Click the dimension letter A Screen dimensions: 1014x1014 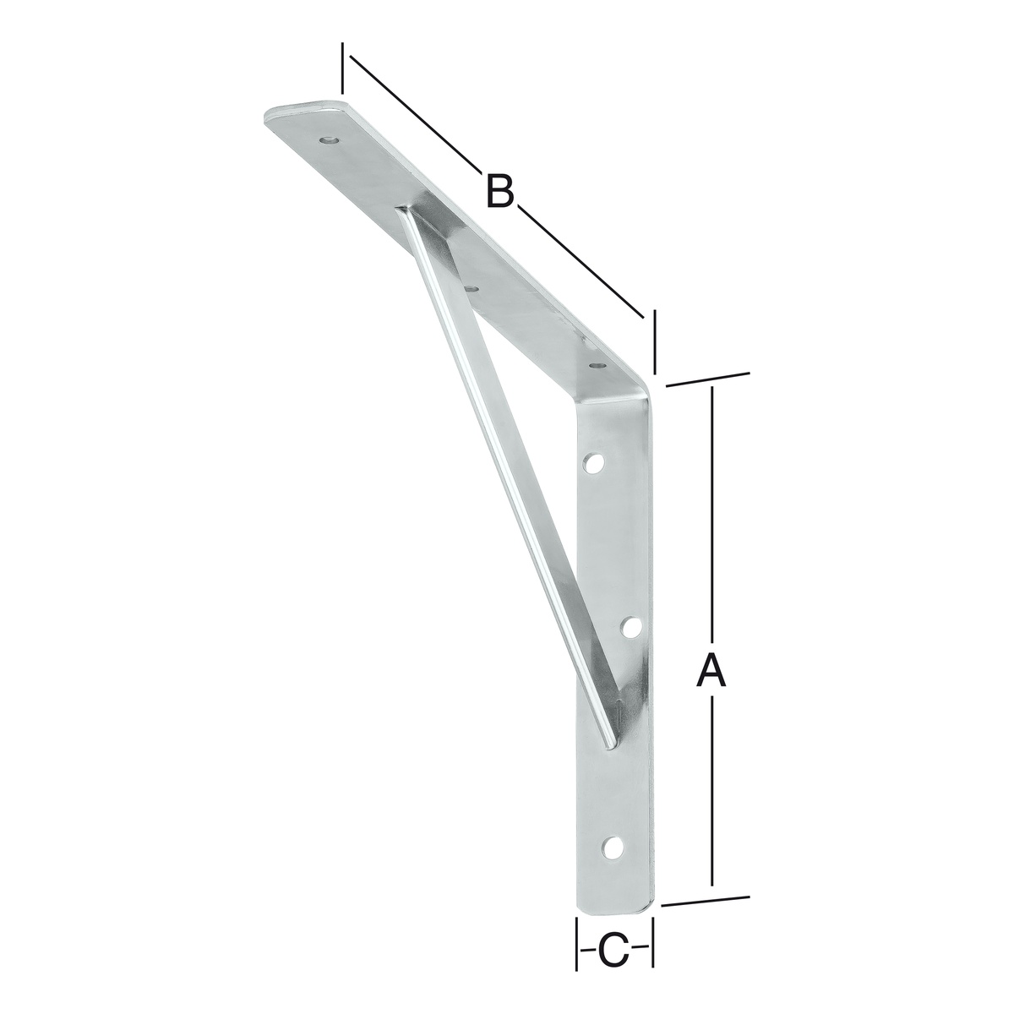(711, 669)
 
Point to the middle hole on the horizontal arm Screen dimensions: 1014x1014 (472, 288)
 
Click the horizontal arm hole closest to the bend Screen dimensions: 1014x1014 (597, 364)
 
